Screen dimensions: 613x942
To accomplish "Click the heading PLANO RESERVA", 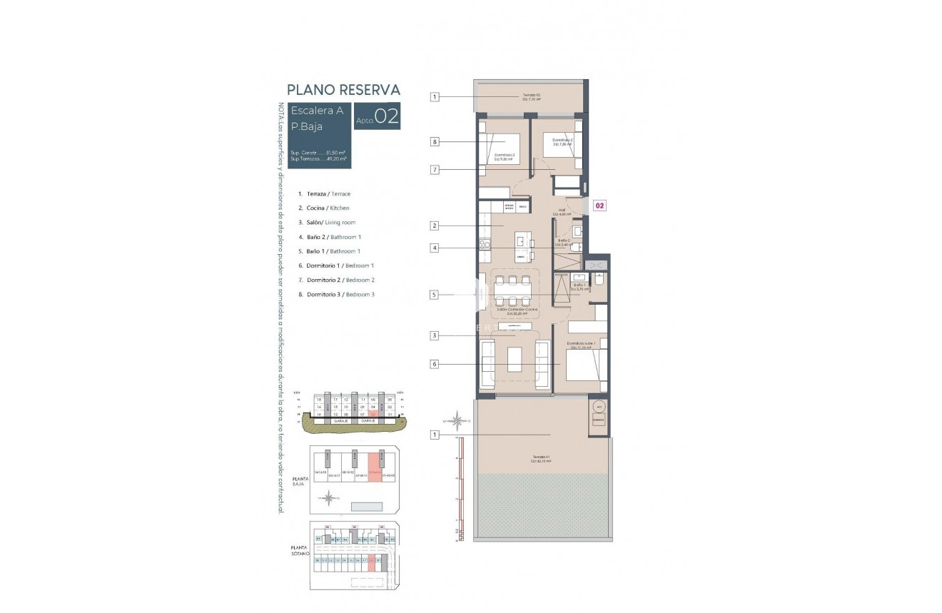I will coord(343,90).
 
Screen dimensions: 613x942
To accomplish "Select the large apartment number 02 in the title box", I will coord(386,116).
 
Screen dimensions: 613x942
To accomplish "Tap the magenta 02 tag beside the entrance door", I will coord(599,206).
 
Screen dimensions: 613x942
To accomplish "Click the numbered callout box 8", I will coord(434,142).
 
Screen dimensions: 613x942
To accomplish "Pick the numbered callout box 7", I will coord(434,170).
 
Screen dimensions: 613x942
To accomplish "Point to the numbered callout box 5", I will coord(434,294).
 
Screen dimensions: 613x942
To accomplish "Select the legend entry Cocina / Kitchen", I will coord(328,208).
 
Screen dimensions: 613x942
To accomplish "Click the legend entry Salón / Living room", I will coord(331,223).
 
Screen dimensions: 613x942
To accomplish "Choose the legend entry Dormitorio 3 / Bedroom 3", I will coord(340,294).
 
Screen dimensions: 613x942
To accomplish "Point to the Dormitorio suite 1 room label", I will coord(582,345).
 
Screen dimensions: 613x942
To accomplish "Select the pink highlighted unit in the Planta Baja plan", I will coord(375,467).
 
